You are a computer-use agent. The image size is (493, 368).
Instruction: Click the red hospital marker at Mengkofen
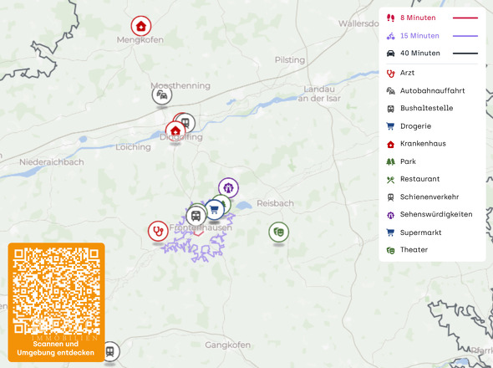(141, 26)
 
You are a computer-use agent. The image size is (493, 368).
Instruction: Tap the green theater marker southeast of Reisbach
(278, 231)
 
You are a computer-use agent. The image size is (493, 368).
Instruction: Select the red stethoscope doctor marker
(157, 230)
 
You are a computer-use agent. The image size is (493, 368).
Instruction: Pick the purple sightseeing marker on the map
(228, 187)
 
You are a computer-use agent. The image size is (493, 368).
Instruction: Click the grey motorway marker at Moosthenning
(162, 95)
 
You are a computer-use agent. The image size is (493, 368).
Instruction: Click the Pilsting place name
(290, 60)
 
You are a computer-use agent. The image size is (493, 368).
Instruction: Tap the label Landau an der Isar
(317, 94)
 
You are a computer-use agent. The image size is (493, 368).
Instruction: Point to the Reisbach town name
(276, 203)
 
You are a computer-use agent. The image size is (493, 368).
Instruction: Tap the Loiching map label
(134, 147)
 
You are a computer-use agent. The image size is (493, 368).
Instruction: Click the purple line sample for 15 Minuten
(465, 36)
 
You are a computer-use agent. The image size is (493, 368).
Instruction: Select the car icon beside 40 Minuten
(390, 54)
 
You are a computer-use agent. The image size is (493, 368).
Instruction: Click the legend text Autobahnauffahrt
(432, 90)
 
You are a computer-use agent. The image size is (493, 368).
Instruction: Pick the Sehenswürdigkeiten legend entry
(435, 214)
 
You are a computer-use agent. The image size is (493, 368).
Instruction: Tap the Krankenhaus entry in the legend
(423, 143)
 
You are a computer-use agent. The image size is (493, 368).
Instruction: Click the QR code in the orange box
(56, 290)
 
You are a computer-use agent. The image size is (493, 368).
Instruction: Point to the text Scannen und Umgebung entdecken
(56, 349)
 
